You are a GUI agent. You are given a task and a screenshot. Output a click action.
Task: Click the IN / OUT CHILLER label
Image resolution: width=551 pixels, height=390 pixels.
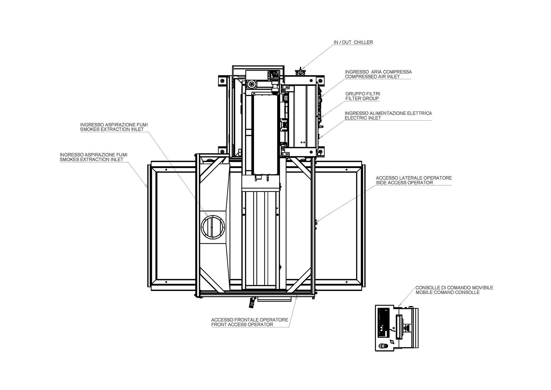click(353, 42)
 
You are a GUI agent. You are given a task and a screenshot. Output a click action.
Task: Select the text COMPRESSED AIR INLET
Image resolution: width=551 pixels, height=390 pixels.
click(372, 77)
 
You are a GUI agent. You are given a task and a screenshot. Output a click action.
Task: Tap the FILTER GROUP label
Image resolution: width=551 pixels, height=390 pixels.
click(362, 99)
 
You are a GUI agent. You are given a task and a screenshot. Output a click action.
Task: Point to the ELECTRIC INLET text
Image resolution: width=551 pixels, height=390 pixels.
click(363, 118)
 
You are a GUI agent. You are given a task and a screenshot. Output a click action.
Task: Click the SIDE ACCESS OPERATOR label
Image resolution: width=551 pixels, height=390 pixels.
click(404, 183)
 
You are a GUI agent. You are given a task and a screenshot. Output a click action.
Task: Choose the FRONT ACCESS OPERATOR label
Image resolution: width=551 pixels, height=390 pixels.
click(242, 325)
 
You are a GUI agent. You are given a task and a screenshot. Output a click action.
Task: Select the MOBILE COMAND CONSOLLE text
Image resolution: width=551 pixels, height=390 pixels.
click(447, 292)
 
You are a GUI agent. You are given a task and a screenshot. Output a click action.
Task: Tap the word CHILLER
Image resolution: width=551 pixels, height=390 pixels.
click(363, 42)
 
